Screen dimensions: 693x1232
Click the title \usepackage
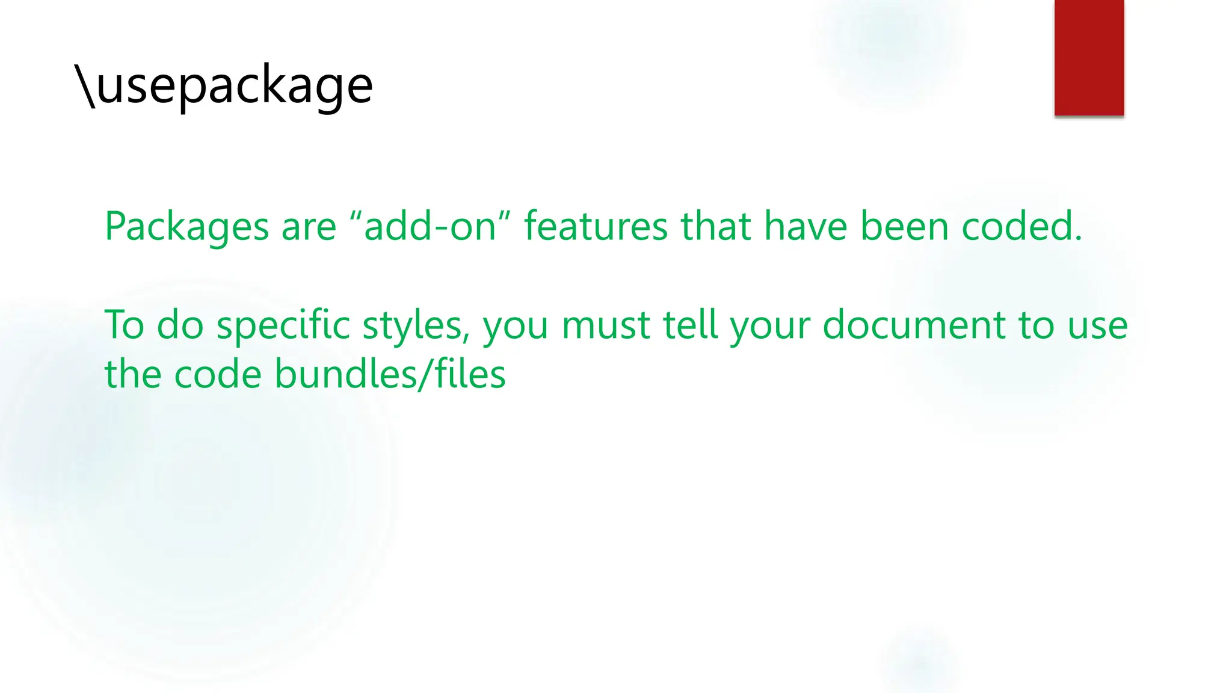(224, 86)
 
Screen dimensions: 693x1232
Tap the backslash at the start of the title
(85, 86)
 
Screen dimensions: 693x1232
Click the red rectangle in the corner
(1089, 58)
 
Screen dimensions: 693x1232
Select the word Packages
(186, 227)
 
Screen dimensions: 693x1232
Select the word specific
(283, 325)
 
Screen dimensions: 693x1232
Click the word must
(606, 325)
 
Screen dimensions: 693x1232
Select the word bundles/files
(390, 374)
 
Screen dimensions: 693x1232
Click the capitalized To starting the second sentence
(124, 325)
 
